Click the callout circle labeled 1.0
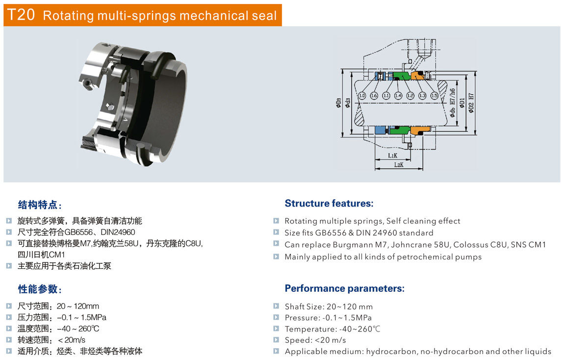(x=362, y=96)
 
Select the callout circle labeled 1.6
(x=374, y=96)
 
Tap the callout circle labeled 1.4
(x=398, y=96)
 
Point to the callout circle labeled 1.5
(x=434, y=96)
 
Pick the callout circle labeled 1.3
(x=422, y=96)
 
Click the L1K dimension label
(x=392, y=155)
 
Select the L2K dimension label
(x=398, y=165)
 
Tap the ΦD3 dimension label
(x=338, y=103)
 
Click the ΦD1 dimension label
(x=462, y=103)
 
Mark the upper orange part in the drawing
(x=417, y=76)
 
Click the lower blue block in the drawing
(x=381, y=130)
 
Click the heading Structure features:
(x=329, y=204)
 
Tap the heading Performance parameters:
(x=344, y=288)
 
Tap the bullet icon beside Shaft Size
(x=276, y=307)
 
